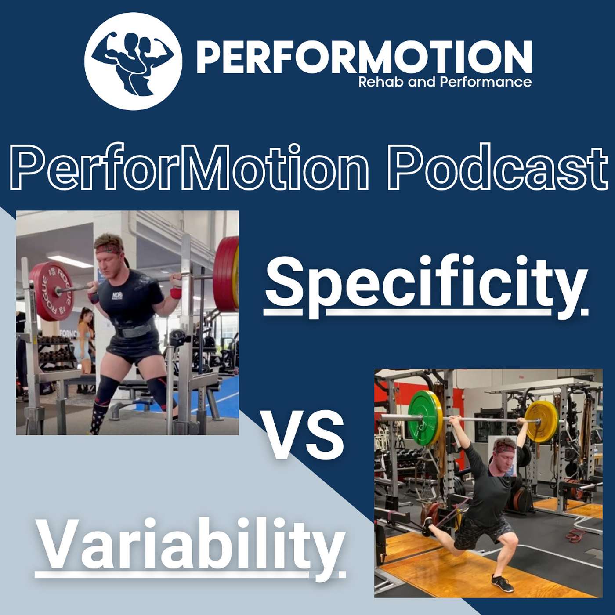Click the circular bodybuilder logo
133,61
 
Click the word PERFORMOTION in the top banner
364,58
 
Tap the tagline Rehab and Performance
445,82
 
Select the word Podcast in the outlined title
497,166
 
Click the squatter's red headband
109,248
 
